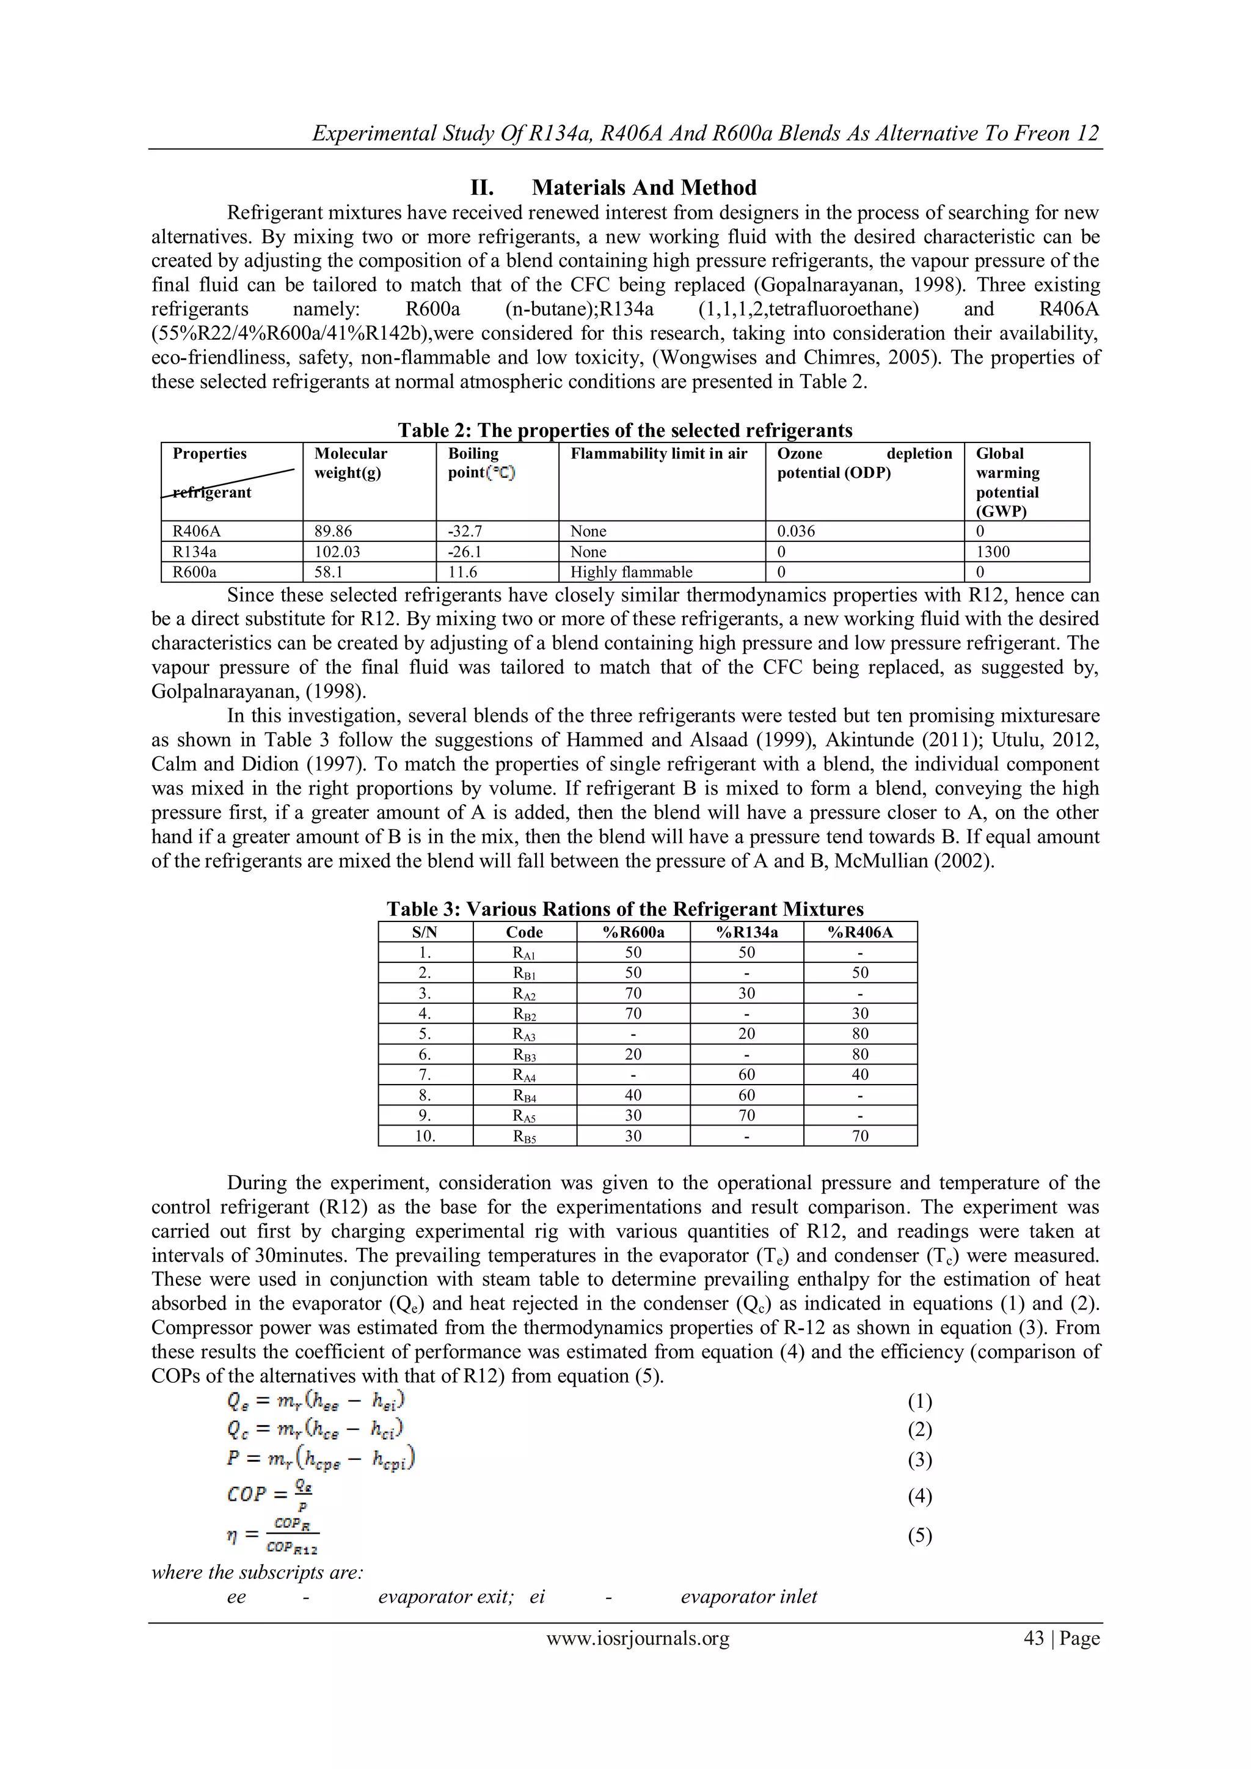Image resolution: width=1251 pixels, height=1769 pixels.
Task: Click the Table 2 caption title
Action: point(625,430)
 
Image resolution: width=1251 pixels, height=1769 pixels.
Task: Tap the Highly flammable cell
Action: point(631,572)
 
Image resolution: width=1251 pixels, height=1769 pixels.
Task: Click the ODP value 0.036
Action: point(797,532)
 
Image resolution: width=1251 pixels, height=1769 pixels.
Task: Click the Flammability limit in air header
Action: point(658,454)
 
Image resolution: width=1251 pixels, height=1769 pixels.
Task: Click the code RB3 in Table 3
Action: point(524,1055)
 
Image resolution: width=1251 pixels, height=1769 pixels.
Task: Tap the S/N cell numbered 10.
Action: point(425,1137)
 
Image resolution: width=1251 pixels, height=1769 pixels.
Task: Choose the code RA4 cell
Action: point(524,1075)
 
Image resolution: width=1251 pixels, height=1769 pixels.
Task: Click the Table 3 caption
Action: point(625,909)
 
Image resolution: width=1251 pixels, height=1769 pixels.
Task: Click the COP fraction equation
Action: point(269,1495)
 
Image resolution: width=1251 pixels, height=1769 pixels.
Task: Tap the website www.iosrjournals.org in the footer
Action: point(638,1638)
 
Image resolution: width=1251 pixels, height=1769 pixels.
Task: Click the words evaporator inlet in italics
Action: point(749,1597)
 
